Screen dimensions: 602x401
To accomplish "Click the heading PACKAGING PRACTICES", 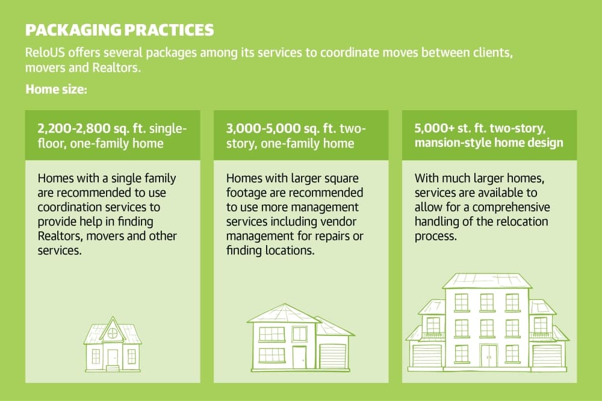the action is point(119,30).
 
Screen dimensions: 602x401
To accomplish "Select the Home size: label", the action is point(56,90).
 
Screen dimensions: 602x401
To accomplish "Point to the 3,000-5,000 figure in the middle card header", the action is point(263,128).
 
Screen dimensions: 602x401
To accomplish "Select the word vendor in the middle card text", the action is point(338,222).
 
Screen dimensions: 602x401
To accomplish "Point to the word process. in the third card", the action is point(436,236).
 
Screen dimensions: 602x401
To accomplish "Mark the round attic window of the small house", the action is point(113,334).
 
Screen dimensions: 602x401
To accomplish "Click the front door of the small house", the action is point(113,358).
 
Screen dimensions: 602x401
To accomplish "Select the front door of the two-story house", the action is point(299,358).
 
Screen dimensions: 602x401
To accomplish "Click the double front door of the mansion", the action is point(489,356).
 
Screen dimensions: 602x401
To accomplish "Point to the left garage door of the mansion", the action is point(426,356).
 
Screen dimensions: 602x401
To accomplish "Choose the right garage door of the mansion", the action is point(547,356).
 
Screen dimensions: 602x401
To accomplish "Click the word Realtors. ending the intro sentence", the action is point(117,67).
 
